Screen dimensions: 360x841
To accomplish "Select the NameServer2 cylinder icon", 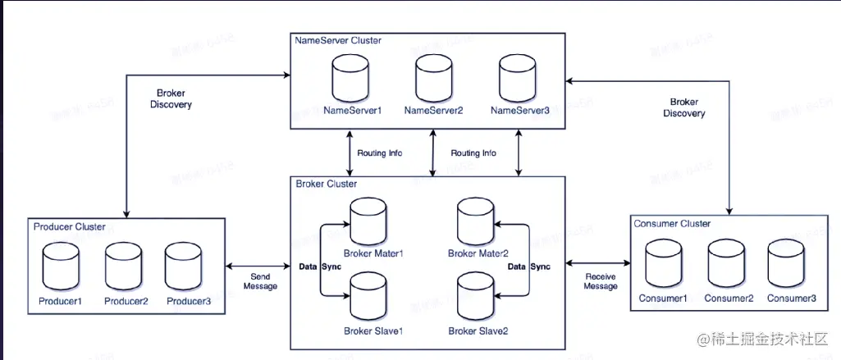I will [x=433, y=78].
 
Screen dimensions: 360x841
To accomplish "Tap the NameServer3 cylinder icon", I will [x=519, y=78].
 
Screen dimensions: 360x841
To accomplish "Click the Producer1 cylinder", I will [x=61, y=264].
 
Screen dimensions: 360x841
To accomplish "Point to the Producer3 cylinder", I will [x=184, y=264].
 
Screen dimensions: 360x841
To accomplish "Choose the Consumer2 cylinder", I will [x=728, y=262].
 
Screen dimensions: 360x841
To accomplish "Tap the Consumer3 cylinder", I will [x=788, y=262].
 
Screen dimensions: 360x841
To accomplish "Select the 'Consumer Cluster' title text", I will [x=672, y=223].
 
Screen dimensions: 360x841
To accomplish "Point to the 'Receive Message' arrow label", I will [x=600, y=281].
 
